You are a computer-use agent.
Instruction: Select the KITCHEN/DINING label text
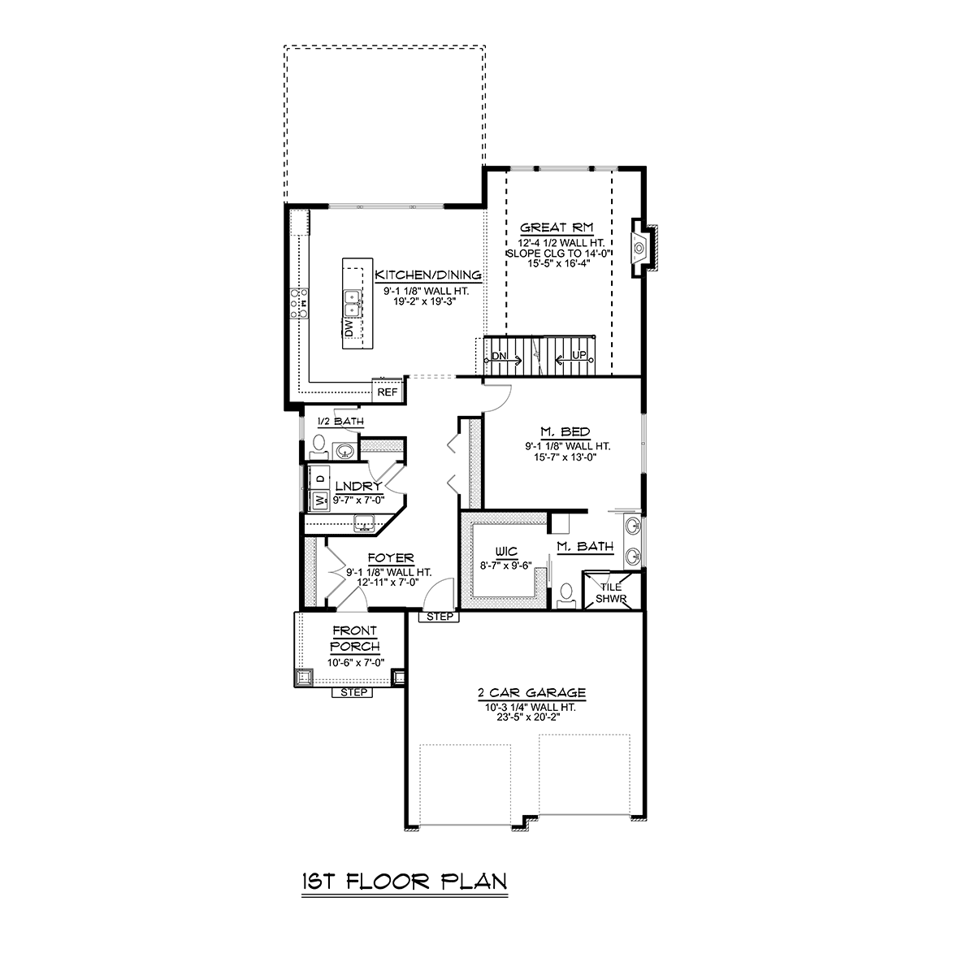pos(427,275)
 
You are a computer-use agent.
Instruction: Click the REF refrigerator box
pos(388,392)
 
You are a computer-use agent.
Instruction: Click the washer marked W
pos(319,500)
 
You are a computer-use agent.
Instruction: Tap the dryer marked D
pos(319,477)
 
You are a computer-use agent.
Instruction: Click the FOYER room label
pos(391,558)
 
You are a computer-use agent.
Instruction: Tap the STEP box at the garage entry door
pos(439,617)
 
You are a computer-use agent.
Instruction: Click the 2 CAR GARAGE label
pos(531,693)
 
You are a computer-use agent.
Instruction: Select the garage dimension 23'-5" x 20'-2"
pos(531,717)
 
